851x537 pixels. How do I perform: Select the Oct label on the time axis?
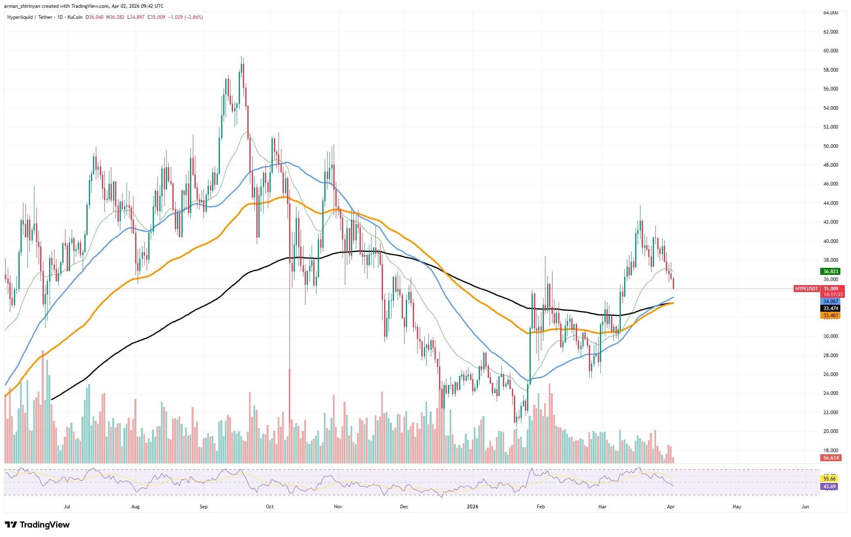(269, 507)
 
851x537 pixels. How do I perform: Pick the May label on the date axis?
(737, 507)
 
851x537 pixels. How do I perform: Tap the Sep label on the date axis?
(204, 507)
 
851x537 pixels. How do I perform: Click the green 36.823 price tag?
(831, 272)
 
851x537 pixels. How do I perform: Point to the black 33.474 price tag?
(831, 308)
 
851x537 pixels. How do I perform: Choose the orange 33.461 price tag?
(831, 315)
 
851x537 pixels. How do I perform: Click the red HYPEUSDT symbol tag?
(806, 289)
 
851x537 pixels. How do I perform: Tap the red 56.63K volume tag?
(831, 458)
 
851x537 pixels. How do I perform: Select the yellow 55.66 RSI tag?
(831, 478)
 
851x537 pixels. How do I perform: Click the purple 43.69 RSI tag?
(831, 486)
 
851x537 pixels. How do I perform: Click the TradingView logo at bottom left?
(37, 525)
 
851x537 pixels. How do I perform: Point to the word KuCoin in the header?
(75, 17)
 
